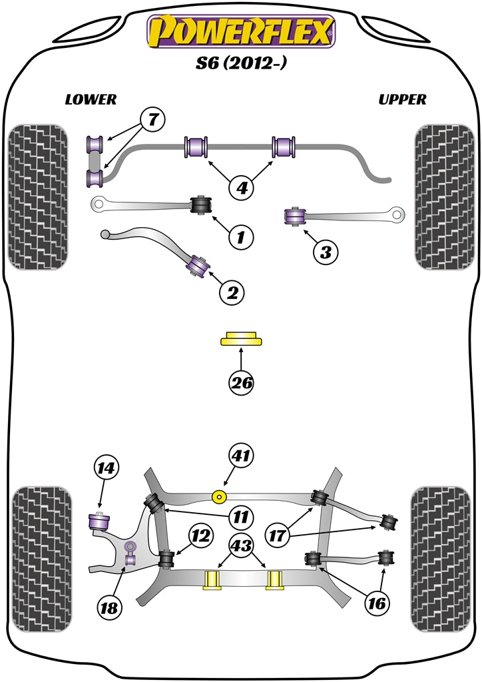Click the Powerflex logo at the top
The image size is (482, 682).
[241, 31]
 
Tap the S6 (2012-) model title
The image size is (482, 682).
[241, 65]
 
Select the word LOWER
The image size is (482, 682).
[91, 100]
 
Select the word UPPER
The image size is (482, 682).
[402, 100]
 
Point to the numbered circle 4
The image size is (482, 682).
[242, 188]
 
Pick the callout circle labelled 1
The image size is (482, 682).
[241, 235]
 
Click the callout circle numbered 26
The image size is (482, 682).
[241, 382]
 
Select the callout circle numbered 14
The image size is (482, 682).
[107, 468]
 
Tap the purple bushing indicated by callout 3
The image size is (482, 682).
[294, 216]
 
